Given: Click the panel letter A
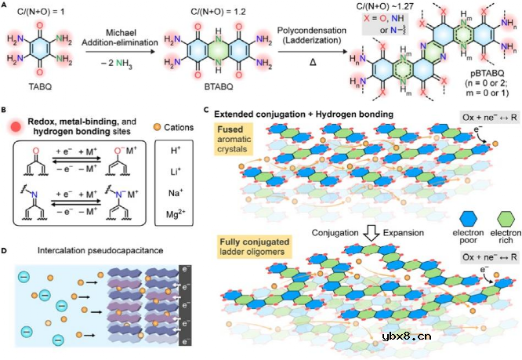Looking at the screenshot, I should (5, 5).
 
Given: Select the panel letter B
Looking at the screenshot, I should (5, 112).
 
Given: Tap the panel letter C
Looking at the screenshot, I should (205, 112).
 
